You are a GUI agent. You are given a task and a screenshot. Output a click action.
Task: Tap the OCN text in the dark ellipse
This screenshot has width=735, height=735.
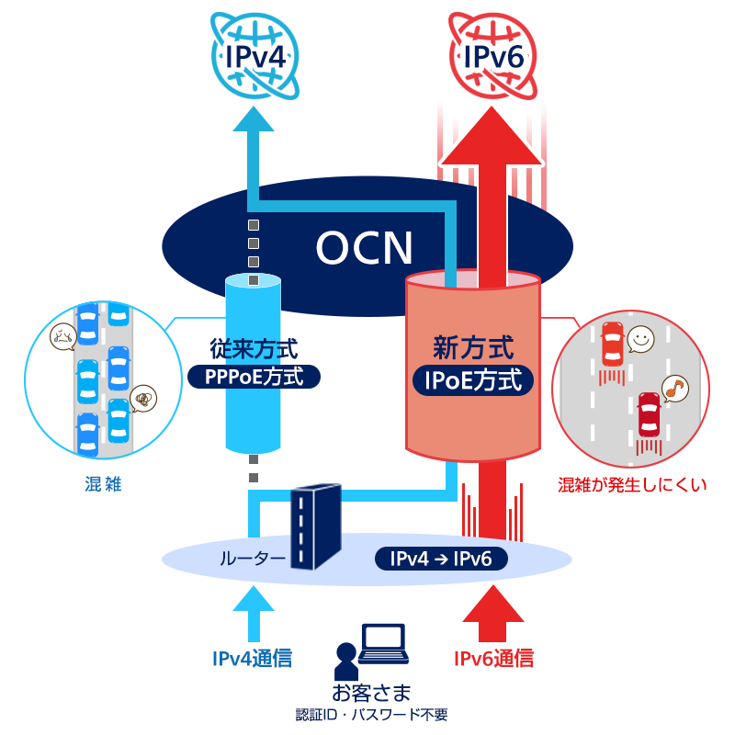pos(365,247)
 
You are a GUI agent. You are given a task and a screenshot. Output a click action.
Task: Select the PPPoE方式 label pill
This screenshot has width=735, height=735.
pos(254,377)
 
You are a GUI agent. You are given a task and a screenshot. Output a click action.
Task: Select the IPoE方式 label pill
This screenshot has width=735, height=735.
pos(473,379)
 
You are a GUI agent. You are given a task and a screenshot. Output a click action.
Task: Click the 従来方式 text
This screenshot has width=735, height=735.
pos(254,349)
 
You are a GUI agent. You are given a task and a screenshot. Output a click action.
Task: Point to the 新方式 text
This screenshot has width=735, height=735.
pos(473,347)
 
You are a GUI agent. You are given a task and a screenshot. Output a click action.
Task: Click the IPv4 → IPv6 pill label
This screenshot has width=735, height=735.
pos(442,559)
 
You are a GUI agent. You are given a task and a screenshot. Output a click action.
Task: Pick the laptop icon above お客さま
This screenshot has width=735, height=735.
pos(383,644)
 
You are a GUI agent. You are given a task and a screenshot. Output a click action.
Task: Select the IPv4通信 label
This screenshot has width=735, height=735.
pos(253,658)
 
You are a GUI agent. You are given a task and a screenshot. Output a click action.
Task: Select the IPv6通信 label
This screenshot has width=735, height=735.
pos(493,658)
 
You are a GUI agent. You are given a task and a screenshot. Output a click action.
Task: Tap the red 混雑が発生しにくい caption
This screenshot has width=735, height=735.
pos(632,484)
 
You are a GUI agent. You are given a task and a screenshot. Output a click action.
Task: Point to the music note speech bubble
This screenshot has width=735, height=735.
pos(675,387)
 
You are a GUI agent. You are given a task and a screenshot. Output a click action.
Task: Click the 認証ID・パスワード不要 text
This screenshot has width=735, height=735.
pos(371,714)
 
